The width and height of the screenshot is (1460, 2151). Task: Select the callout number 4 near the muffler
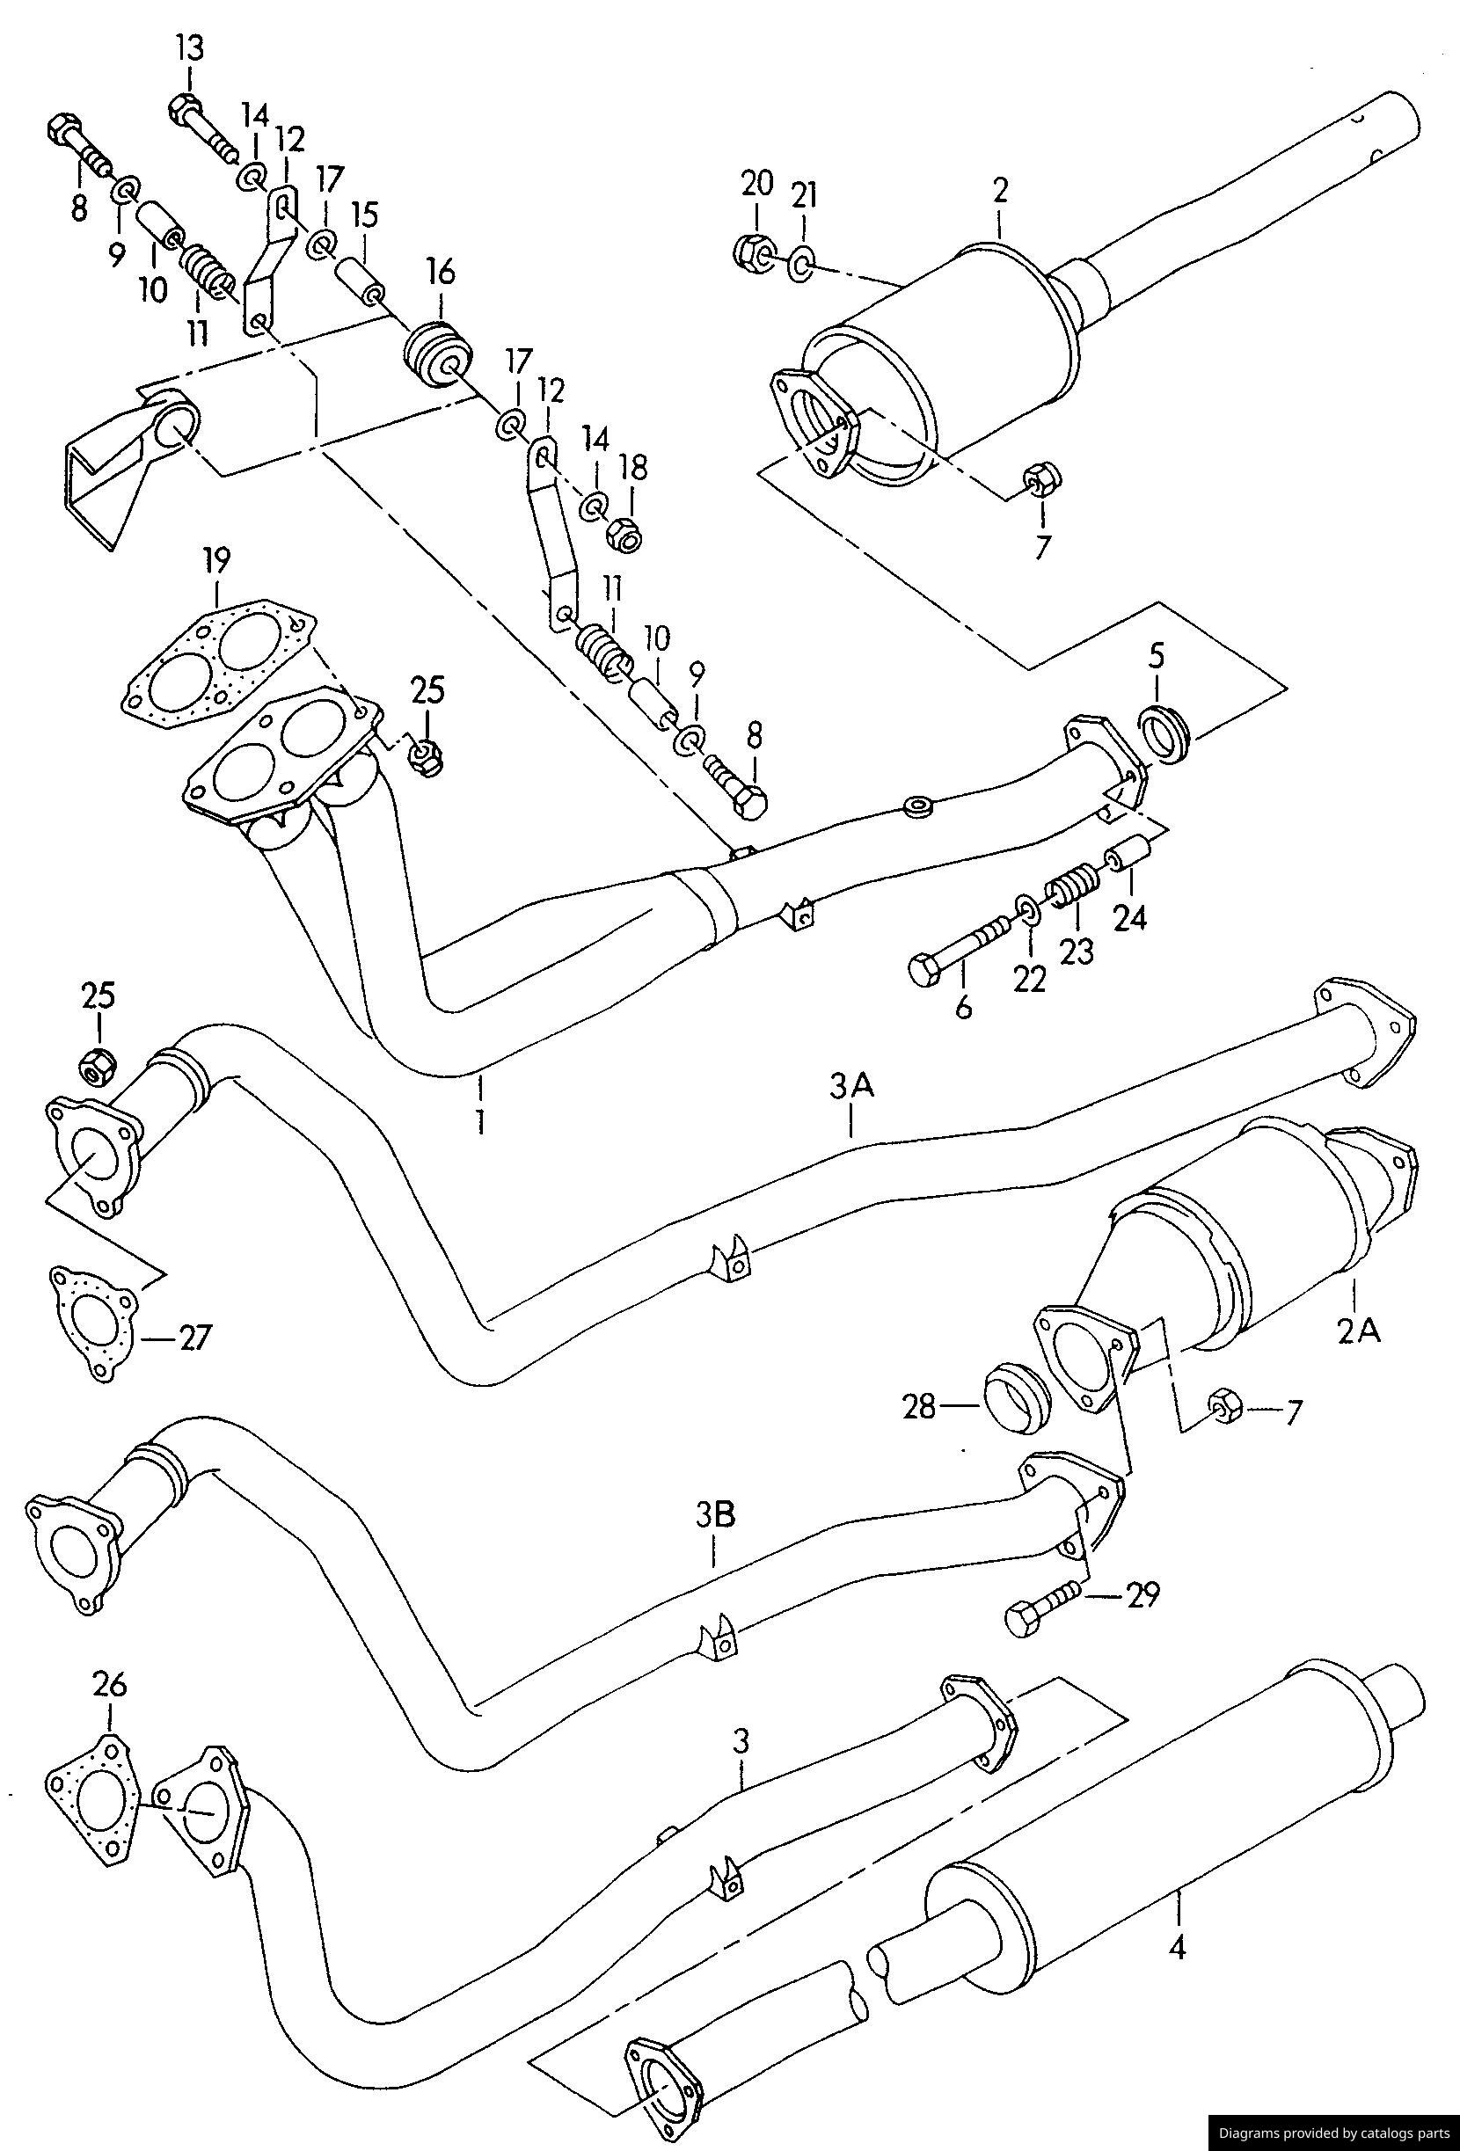click(1177, 1946)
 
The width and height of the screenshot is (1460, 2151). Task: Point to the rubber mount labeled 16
click(439, 354)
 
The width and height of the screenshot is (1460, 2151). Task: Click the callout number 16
click(441, 272)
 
